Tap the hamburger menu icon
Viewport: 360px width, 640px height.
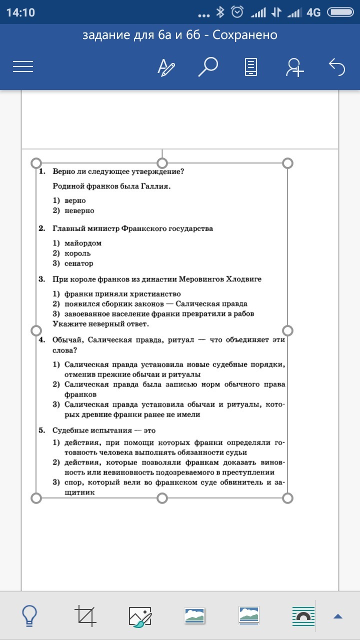coord(23,67)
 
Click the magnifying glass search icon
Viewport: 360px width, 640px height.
coord(208,66)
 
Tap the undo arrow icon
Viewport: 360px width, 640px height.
coord(337,66)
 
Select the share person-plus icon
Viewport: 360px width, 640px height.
coord(295,67)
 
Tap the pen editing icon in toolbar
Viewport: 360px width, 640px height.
coord(166,67)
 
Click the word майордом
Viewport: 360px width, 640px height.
coord(83,243)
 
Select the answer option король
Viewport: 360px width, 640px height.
coord(77,253)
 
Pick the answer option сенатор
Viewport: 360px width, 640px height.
coord(79,263)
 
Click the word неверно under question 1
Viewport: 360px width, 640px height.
coord(79,210)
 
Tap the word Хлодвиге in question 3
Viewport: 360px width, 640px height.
coord(243,279)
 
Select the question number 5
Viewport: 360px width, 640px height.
coord(42,430)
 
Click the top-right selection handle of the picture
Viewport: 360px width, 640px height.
coord(287,163)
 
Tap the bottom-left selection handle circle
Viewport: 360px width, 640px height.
coord(36,498)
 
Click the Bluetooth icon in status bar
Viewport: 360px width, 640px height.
coord(220,12)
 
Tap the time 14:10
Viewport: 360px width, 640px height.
coord(20,12)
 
